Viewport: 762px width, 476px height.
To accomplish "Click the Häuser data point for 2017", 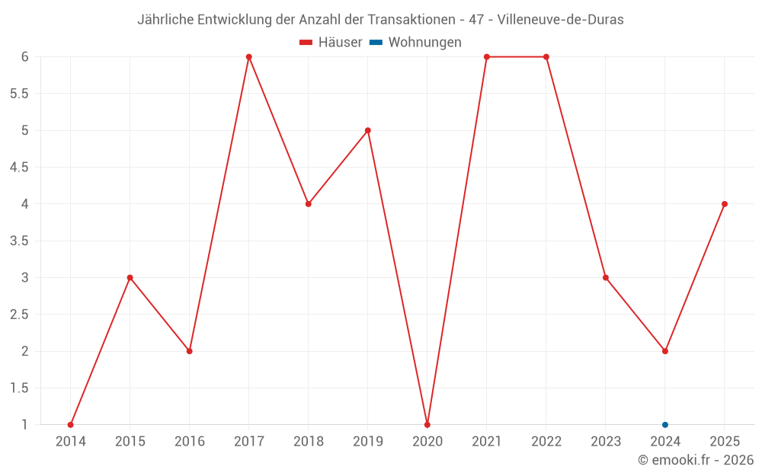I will click(249, 57).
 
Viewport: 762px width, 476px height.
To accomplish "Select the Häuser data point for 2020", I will click(427, 424).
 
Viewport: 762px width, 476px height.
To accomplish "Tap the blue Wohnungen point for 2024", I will click(665, 424).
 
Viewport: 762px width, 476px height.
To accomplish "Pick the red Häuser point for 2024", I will click(665, 351).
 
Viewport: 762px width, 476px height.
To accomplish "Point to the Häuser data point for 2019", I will click(368, 130).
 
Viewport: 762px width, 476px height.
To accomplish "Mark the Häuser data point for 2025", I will click(725, 204).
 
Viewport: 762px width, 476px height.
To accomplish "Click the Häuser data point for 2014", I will click(71, 424).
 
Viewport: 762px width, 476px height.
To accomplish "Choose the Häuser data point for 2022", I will click(546, 57).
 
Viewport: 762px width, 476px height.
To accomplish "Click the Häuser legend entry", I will click(331, 43).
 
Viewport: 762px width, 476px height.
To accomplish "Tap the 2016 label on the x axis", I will click(190, 442).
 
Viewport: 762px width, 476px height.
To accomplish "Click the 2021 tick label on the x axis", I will click(487, 442).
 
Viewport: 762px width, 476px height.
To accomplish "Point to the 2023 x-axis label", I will click(606, 442).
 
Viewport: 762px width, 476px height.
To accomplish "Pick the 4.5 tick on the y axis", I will click(19, 168).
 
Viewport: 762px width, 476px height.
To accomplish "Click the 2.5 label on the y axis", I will click(19, 315).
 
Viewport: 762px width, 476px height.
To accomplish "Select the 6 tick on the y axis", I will click(25, 57).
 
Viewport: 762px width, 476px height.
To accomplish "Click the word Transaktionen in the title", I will click(405, 20).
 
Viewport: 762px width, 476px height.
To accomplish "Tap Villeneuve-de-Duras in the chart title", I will click(560, 20).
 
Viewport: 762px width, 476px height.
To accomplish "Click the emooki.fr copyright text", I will click(696, 460).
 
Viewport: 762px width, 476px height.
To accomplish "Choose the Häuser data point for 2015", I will click(130, 277).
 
